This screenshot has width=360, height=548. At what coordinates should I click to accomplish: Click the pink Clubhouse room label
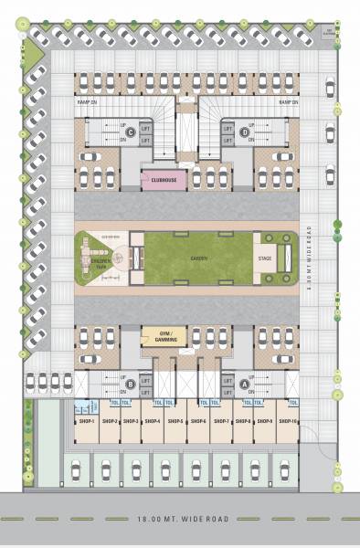[164, 181]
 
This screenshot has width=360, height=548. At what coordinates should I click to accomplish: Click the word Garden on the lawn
[197, 258]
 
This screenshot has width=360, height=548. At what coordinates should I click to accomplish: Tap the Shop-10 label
[288, 421]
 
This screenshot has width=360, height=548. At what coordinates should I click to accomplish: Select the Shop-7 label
[221, 421]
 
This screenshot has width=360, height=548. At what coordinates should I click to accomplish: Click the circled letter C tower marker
[132, 133]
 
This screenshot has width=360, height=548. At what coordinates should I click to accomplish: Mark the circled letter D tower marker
[244, 133]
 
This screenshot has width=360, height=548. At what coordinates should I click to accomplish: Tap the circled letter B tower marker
[132, 385]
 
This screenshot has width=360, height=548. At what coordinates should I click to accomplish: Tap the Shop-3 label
[132, 421]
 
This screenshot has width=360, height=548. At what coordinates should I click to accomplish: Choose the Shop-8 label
[243, 421]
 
